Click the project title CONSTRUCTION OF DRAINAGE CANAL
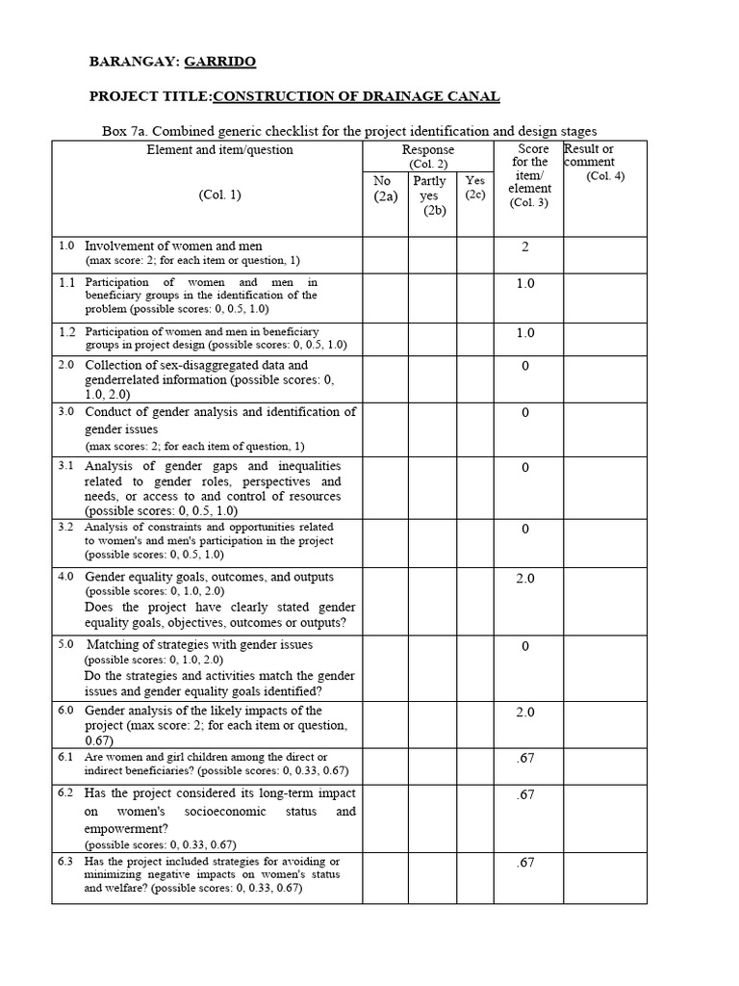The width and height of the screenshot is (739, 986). click(355, 96)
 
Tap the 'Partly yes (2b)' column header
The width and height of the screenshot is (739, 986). click(429, 195)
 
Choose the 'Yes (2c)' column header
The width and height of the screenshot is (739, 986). click(475, 187)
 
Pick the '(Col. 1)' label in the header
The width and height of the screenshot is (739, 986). click(220, 194)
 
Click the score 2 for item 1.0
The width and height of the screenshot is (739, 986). click(525, 247)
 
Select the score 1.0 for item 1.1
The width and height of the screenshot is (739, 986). click(525, 283)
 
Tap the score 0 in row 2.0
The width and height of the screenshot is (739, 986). click(525, 367)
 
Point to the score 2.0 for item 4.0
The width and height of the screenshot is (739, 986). click(525, 579)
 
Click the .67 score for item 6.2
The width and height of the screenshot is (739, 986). click(525, 794)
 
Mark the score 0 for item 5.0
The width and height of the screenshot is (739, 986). click(525, 646)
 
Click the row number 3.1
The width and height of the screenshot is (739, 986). click(65, 465)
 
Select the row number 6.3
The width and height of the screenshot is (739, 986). click(65, 860)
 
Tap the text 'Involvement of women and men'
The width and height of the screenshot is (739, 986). click(173, 246)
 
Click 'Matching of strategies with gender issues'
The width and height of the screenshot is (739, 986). click(199, 644)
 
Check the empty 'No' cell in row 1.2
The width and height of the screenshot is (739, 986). click(385, 337)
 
